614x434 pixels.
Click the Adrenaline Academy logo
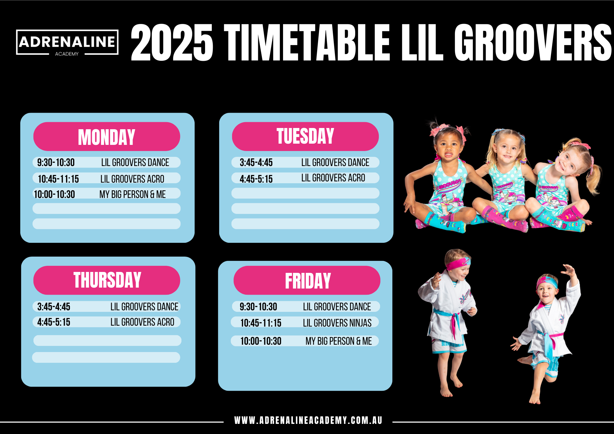pyautogui.click(x=67, y=42)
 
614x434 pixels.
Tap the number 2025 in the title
pyautogui.click(x=172, y=42)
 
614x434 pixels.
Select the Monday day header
pyautogui.click(x=107, y=137)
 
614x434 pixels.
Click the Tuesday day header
pyautogui.click(x=305, y=136)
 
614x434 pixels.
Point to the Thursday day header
pyautogui.click(x=107, y=280)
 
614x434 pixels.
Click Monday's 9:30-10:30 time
pyautogui.click(x=56, y=162)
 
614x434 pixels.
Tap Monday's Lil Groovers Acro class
pyautogui.click(x=132, y=179)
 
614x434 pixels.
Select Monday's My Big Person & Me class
pyautogui.click(x=133, y=194)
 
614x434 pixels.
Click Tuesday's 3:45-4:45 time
pyautogui.click(x=256, y=162)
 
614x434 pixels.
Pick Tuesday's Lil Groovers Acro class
pyautogui.click(x=333, y=178)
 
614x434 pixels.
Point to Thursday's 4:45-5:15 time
pyautogui.click(x=54, y=322)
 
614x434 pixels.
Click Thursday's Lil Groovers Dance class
pyautogui.click(x=144, y=307)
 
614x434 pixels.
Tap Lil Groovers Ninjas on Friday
pyautogui.click(x=337, y=323)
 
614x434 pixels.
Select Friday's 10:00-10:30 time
pyautogui.click(x=261, y=341)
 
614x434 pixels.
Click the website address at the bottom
pyautogui.click(x=308, y=420)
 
